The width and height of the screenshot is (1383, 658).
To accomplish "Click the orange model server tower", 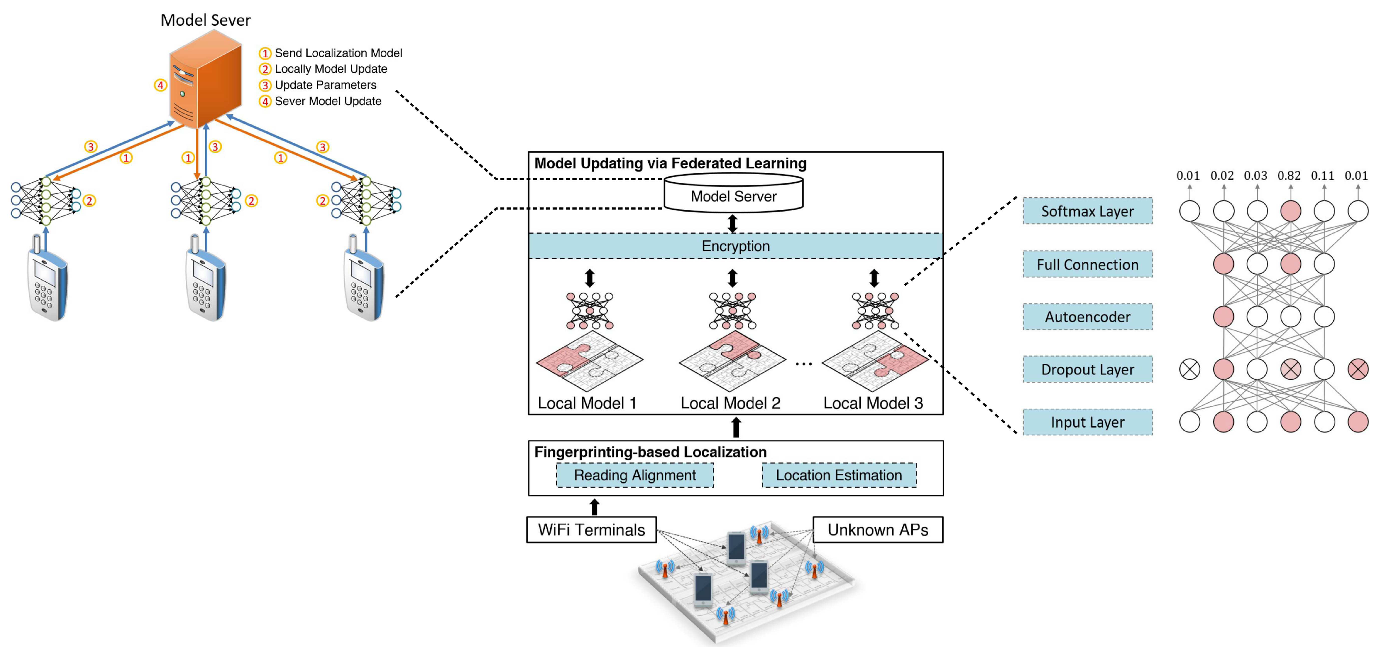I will tap(205, 81).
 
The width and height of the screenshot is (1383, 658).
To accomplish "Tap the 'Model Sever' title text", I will tap(205, 21).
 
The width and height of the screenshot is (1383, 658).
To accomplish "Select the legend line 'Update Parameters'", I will tap(325, 85).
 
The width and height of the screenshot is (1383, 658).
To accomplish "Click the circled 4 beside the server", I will tap(160, 85).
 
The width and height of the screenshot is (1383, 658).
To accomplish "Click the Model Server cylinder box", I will tap(733, 196).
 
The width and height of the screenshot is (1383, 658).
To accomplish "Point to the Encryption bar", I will tap(735, 246).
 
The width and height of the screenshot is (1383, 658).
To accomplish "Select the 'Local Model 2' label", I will tap(730, 403).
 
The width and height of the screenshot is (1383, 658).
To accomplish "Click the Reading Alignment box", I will tap(635, 475).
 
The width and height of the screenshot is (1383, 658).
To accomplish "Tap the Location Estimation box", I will tap(839, 475).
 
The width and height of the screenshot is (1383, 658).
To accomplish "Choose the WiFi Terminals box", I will tap(591, 530).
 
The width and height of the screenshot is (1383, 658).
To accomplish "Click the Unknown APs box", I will tap(877, 530).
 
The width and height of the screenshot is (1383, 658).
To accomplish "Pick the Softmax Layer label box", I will tap(1087, 211).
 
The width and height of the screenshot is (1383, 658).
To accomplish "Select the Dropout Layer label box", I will tap(1087, 370).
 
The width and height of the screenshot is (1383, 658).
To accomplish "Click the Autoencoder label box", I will tap(1087, 317).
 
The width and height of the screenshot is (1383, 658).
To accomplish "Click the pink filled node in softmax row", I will tap(1290, 211).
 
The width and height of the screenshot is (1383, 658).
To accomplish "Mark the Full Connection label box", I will tap(1087, 264).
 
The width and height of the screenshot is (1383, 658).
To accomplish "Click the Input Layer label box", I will tap(1087, 422).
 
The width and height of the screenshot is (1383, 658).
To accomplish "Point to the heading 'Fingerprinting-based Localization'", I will tap(650, 452).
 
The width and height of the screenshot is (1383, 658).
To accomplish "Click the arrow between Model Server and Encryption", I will tap(733, 223).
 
